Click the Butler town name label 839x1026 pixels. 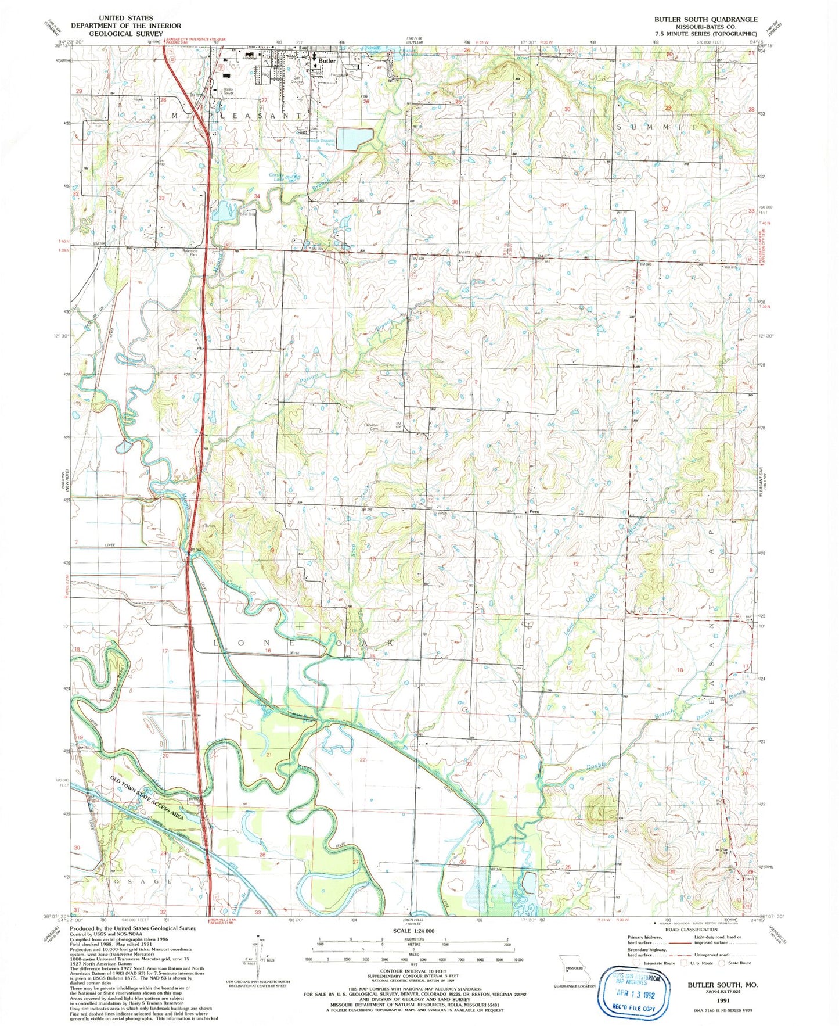coord(327,60)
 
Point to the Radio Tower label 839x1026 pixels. coord(228,91)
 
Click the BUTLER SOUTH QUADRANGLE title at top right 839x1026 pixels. coord(705,19)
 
